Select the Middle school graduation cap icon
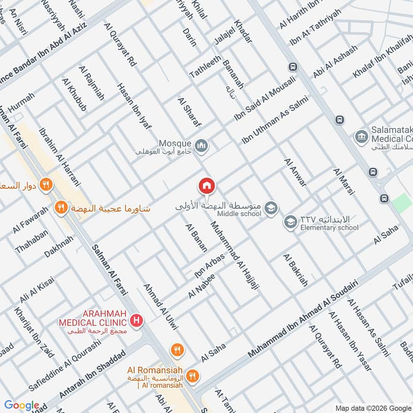(271, 209)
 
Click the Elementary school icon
(290, 223)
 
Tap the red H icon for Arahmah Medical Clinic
(136, 321)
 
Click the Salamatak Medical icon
(361, 137)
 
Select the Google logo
(22, 405)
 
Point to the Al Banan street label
(196, 238)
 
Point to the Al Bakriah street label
(295, 269)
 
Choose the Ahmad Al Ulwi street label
(161, 307)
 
